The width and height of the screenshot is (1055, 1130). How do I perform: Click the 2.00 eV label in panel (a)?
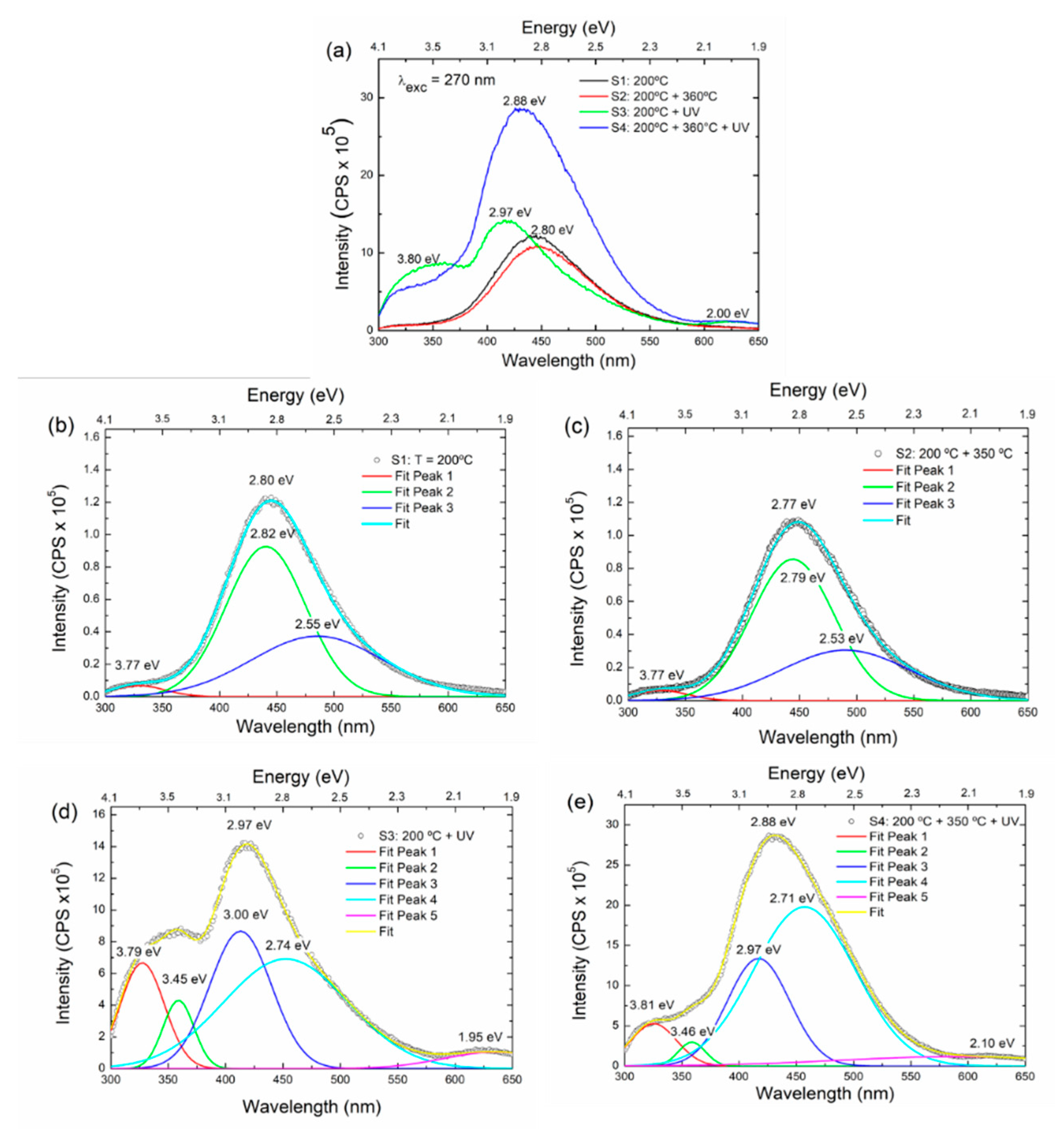pos(727,313)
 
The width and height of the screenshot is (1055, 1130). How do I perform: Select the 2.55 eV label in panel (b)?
pos(317,624)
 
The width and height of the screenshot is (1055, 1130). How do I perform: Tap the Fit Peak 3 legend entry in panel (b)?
pos(423,507)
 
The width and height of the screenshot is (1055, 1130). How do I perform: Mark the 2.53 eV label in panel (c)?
pos(841,639)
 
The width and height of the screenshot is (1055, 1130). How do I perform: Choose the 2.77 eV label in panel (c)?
pos(793,504)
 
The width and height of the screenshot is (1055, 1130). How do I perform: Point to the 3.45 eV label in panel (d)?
pos(184,979)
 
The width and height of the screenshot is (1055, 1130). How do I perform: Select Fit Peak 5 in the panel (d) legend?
pos(408,915)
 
